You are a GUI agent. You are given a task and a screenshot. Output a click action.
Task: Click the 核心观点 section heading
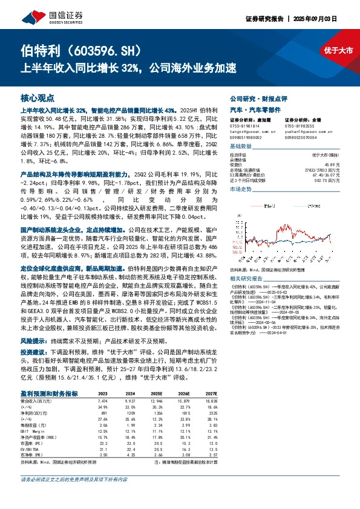click(x=38, y=97)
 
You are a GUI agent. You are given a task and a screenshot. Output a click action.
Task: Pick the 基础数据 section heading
click(x=241, y=147)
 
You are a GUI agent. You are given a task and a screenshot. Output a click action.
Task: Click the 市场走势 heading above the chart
click(x=241, y=190)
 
